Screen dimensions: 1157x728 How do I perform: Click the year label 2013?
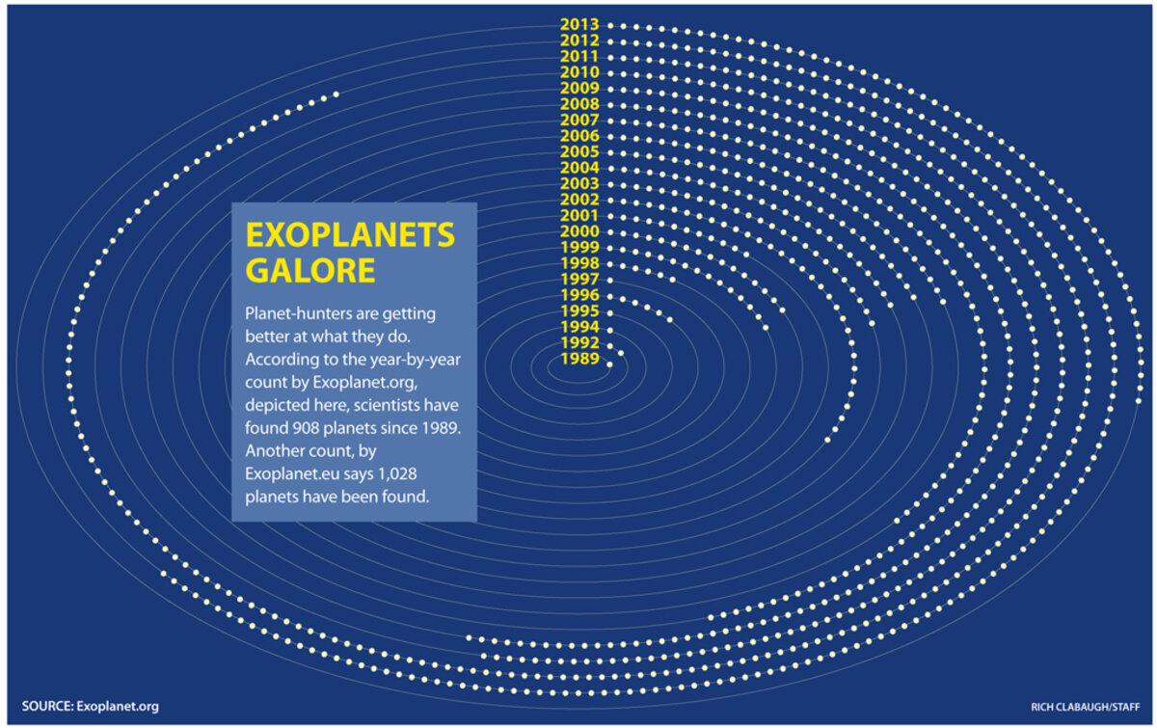point(579,24)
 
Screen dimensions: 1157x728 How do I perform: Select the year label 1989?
point(580,359)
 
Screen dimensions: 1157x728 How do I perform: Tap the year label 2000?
point(579,231)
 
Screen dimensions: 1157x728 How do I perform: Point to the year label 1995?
point(580,311)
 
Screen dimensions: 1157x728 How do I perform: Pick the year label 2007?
point(579,120)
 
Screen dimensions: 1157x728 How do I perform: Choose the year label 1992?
point(580,342)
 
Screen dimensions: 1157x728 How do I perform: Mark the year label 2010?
point(579,72)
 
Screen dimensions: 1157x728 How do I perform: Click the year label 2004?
point(579,168)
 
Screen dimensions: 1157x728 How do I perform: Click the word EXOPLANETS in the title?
point(350,235)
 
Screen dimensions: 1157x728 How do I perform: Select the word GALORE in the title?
point(310,270)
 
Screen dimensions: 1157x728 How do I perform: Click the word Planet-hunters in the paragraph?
point(293,313)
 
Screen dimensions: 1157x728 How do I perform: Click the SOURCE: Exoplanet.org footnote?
point(91,706)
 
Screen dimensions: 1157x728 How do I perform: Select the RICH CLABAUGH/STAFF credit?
point(1086,707)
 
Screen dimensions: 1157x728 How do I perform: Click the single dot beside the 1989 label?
point(610,364)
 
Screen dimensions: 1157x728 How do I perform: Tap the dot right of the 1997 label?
point(610,281)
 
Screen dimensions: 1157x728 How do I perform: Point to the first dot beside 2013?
point(610,25)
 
